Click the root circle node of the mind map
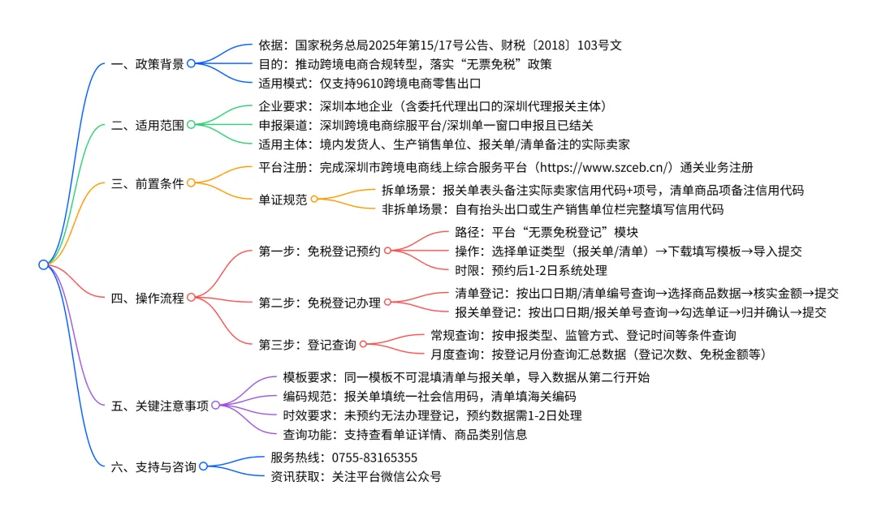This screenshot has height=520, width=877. pyautogui.click(x=43, y=264)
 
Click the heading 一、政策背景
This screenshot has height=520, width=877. pyautogui.click(x=147, y=63)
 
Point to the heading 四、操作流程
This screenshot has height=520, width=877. pyautogui.click(x=147, y=298)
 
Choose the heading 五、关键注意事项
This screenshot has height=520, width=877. pyautogui.click(x=159, y=405)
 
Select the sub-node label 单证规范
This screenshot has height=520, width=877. pyautogui.click(x=283, y=199)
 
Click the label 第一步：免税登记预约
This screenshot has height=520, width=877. pyautogui.click(x=320, y=251)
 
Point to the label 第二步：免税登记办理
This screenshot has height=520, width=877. pyautogui.click(x=320, y=303)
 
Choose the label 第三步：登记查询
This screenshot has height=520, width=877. pyautogui.click(x=308, y=345)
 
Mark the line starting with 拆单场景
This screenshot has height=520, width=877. pyautogui.click(x=592, y=191)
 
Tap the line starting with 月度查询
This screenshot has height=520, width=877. pyautogui.click(x=598, y=354)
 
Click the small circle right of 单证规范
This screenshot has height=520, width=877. pyautogui.click(x=314, y=199)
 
